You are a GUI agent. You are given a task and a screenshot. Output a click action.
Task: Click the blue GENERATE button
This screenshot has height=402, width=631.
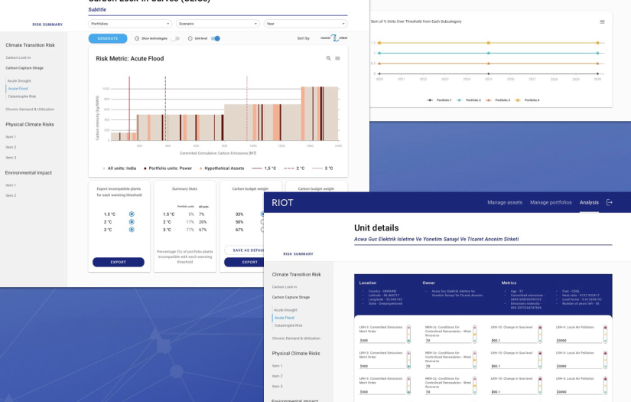click(108, 38)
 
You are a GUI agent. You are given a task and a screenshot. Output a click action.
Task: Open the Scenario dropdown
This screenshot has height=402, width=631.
click(216, 24)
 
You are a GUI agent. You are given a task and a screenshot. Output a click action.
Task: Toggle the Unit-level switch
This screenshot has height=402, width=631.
click(216, 38)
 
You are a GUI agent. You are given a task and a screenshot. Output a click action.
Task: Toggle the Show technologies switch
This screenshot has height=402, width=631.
click(176, 38)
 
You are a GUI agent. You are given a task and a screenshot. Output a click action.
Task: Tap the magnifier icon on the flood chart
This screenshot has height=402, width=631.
click(329, 58)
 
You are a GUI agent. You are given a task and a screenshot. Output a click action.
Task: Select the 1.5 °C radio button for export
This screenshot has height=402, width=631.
click(132, 214)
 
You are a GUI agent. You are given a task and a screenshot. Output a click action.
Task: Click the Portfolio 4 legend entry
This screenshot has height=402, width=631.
click(529, 100)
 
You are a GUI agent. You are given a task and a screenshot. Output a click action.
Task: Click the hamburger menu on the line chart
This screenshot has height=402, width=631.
click(602, 21)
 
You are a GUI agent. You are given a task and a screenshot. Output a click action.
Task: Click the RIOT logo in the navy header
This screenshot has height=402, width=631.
click(282, 202)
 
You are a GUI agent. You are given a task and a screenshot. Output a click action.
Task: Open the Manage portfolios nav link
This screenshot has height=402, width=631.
click(551, 202)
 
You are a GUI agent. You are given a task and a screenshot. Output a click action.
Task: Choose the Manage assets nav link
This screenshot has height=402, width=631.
click(505, 202)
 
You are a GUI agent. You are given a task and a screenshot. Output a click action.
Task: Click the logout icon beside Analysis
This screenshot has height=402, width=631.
click(610, 202)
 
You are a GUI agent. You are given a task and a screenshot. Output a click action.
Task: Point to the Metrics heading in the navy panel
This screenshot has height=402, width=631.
click(509, 283)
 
